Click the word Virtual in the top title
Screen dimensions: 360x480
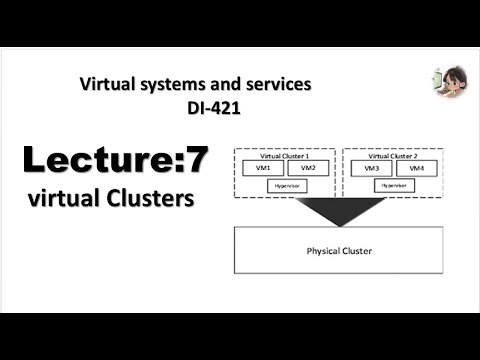106,86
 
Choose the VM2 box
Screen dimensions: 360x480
307,168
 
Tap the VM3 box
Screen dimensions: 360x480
371,168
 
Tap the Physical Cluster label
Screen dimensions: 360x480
338,250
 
